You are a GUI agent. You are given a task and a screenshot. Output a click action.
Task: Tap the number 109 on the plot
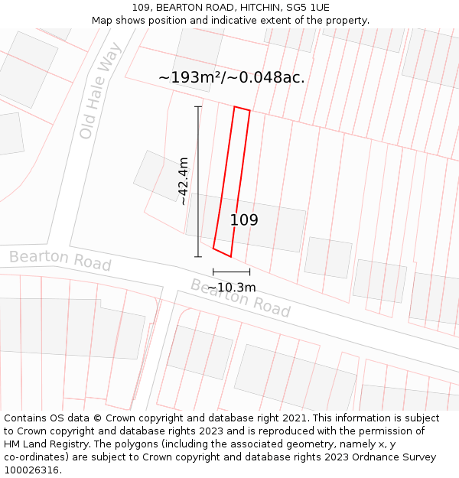coord(244,220)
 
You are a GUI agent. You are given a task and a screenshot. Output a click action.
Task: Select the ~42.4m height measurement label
coord(183,181)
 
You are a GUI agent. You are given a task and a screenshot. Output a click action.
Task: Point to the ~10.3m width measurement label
coord(231,288)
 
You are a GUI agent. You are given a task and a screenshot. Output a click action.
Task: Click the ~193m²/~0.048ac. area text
coord(231,77)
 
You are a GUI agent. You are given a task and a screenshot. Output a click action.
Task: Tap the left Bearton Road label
coord(60,260)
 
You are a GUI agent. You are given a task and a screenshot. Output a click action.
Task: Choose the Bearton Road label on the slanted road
coord(240,298)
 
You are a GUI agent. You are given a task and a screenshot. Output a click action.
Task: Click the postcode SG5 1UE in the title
coord(306,8)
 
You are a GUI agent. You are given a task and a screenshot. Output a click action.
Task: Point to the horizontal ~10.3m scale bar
coord(231,272)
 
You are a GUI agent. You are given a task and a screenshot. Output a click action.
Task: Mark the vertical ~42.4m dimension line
coord(198,181)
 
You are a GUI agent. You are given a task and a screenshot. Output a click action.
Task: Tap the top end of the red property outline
coord(242,109)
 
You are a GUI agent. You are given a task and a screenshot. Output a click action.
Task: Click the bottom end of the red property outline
coord(222,252)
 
